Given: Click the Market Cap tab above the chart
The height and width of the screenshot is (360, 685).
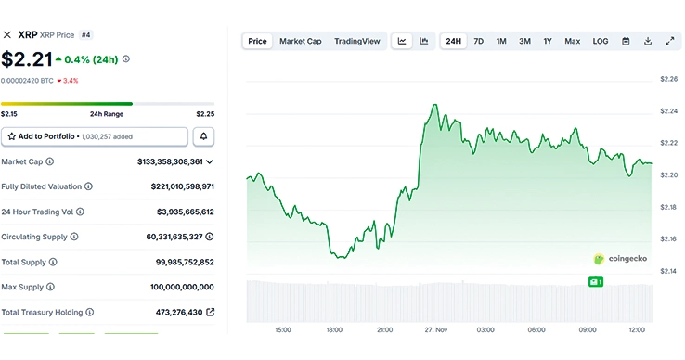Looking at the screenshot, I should click(x=300, y=41).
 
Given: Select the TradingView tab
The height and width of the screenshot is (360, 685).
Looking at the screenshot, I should click(x=357, y=41).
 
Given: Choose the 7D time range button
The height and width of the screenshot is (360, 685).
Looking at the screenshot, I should click(x=478, y=41).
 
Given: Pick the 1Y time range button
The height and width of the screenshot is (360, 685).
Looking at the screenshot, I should click(x=548, y=41).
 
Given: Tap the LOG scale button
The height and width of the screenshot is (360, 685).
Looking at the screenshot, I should click(x=601, y=41).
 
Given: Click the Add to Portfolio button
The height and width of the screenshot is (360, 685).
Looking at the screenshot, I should click(x=93, y=136).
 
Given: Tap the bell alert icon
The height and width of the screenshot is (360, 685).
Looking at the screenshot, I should click(x=203, y=136).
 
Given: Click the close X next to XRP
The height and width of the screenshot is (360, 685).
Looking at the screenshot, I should click(x=7, y=35).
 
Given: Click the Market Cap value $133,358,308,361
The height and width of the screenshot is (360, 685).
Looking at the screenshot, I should click(x=170, y=161).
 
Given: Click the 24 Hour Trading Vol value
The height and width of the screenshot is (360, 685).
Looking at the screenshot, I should click(x=185, y=212).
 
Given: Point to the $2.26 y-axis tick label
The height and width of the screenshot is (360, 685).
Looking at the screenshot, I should click(x=668, y=79).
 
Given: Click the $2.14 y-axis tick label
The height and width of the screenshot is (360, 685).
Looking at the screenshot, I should click(x=668, y=272).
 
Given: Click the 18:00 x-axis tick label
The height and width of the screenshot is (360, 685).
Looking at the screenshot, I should click(x=333, y=329).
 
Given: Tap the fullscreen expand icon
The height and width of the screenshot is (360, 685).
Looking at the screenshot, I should click(x=670, y=41).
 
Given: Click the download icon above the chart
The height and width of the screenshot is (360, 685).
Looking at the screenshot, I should click(x=648, y=41).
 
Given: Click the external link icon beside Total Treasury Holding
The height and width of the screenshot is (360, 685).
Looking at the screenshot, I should click(x=210, y=312).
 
